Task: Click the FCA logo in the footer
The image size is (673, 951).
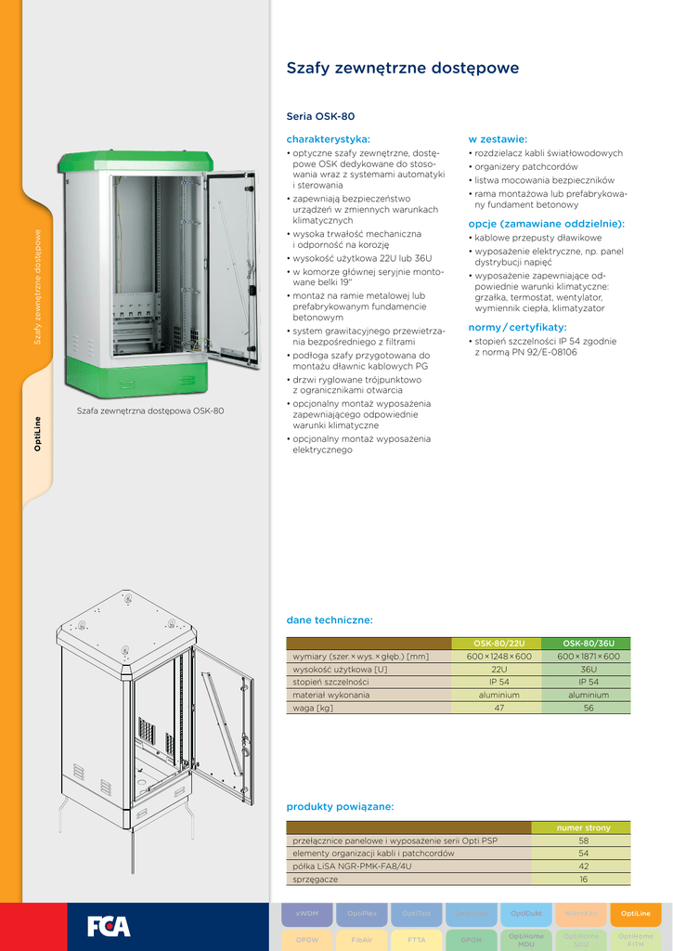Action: tap(109, 926)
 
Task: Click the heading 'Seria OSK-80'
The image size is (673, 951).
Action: tap(321, 117)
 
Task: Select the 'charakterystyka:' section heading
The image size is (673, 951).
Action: tap(329, 138)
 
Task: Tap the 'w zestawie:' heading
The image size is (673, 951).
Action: tap(498, 138)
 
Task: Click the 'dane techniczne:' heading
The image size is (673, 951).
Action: tap(330, 619)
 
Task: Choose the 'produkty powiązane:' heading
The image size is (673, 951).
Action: tap(340, 806)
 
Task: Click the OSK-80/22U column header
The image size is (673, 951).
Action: tap(498, 643)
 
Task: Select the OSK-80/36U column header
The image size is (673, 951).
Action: tap(588, 643)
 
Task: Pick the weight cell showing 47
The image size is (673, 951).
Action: tap(498, 708)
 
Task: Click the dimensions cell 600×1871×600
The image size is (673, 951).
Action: tap(588, 656)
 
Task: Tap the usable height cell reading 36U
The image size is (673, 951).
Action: tap(588, 669)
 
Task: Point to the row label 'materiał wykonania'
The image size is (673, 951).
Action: tap(331, 695)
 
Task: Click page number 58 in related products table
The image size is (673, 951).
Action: tap(583, 840)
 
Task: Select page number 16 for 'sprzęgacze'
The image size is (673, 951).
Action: tap(583, 879)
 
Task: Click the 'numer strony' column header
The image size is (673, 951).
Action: tap(583, 827)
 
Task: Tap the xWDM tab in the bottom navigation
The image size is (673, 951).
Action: tap(307, 914)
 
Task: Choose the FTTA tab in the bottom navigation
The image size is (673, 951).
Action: tap(417, 939)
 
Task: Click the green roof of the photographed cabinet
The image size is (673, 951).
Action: tap(135, 160)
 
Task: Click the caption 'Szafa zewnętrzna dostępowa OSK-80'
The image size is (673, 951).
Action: tap(150, 410)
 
